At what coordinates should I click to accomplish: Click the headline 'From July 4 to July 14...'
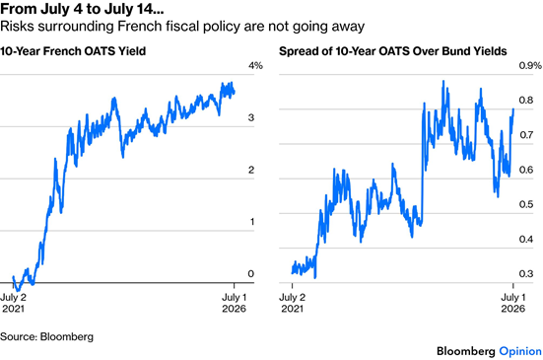click(x=82, y=9)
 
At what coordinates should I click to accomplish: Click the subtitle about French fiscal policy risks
click(x=182, y=27)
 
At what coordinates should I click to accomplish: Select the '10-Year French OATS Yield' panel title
click(x=73, y=51)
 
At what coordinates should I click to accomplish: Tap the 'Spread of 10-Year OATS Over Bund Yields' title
click(x=393, y=51)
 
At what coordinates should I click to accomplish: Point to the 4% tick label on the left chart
click(x=255, y=65)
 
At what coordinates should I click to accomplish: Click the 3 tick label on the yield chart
click(x=251, y=117)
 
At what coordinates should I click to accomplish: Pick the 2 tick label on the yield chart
click(x=251, y=170)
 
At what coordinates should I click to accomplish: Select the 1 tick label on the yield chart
click(x=251, y=222)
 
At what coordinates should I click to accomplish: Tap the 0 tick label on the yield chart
click(x=251, y=274)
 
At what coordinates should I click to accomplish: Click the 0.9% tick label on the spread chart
click(x=530, y=65)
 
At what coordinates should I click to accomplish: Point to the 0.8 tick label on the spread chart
click(x=526, y=101)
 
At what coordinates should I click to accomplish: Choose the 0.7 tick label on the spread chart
click(x=526, y=135)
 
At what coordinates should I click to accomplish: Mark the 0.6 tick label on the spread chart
click(x=526, y=170)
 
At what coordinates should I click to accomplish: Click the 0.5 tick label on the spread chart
click(x=526, y=204)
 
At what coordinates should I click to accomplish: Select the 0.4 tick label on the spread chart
click(x=526, y=239)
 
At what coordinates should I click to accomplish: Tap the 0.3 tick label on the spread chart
click(x=526, y=274)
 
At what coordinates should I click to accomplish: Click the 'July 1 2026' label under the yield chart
click(x=235, y=303)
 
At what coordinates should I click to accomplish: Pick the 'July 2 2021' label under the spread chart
click(x=293, y=303)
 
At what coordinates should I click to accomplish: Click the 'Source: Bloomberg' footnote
click(x=46, y=336)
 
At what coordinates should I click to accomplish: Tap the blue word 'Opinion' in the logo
click(x=520, y=352)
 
